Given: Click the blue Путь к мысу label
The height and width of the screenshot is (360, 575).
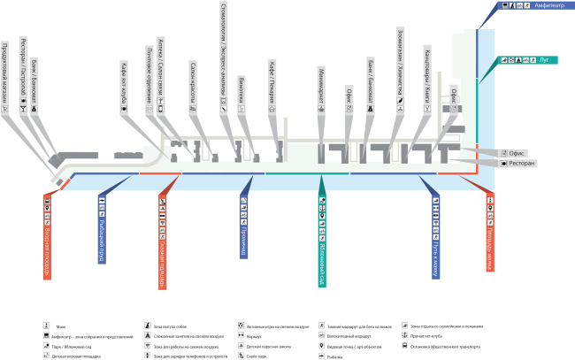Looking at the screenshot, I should tap(436, 234).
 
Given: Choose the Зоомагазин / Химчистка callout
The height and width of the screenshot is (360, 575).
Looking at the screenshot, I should tap(401, 66).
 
